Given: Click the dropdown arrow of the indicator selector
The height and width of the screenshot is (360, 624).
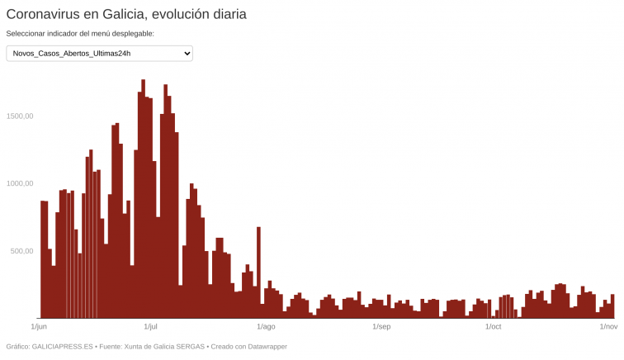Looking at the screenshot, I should point(187,54).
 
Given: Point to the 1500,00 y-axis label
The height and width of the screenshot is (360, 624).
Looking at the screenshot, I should point(19,116).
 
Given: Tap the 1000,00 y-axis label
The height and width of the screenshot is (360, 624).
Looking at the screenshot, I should point(19,183).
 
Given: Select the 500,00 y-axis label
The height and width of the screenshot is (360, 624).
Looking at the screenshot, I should point(21,251).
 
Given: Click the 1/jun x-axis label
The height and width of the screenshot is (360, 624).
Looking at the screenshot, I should point(39,327).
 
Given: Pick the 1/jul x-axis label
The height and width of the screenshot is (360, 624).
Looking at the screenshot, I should point(151,327).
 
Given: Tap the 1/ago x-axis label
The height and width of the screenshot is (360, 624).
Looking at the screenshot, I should point(267,327).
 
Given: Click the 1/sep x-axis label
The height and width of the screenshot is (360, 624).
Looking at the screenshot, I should point(381,327).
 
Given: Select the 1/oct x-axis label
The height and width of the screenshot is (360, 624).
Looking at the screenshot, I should point(493,327).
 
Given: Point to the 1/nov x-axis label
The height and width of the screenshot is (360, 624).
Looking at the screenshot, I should point(607,327).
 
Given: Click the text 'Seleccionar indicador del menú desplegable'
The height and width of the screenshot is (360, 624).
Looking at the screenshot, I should point(80,33).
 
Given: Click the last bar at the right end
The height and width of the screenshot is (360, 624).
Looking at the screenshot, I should point(612,306).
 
